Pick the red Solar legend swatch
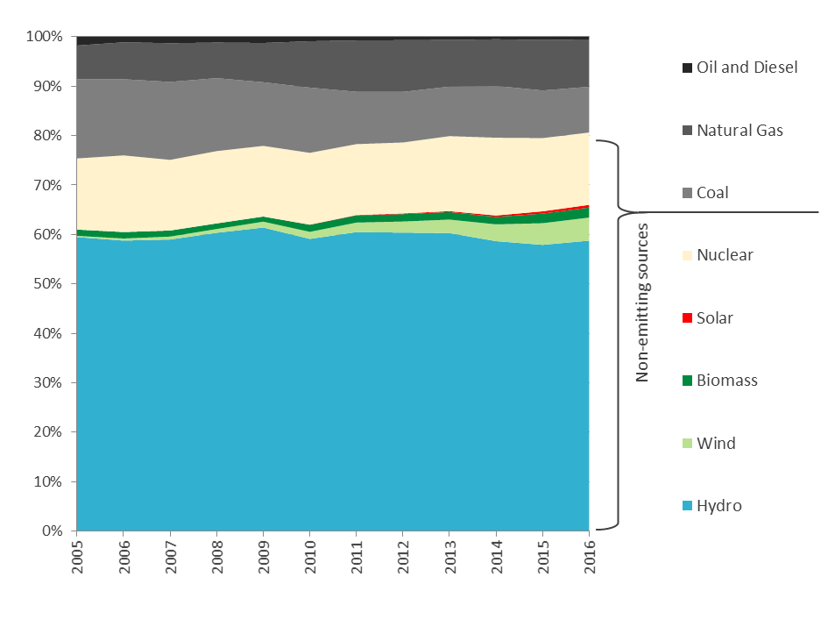[x=688, y=318]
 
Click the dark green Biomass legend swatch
[x=688, y=381]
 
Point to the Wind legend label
[x=716, y=443]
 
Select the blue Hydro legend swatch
[x=688, y=506]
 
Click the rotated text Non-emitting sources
[x=642, y=303]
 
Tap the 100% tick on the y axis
[x=45, y=37]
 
